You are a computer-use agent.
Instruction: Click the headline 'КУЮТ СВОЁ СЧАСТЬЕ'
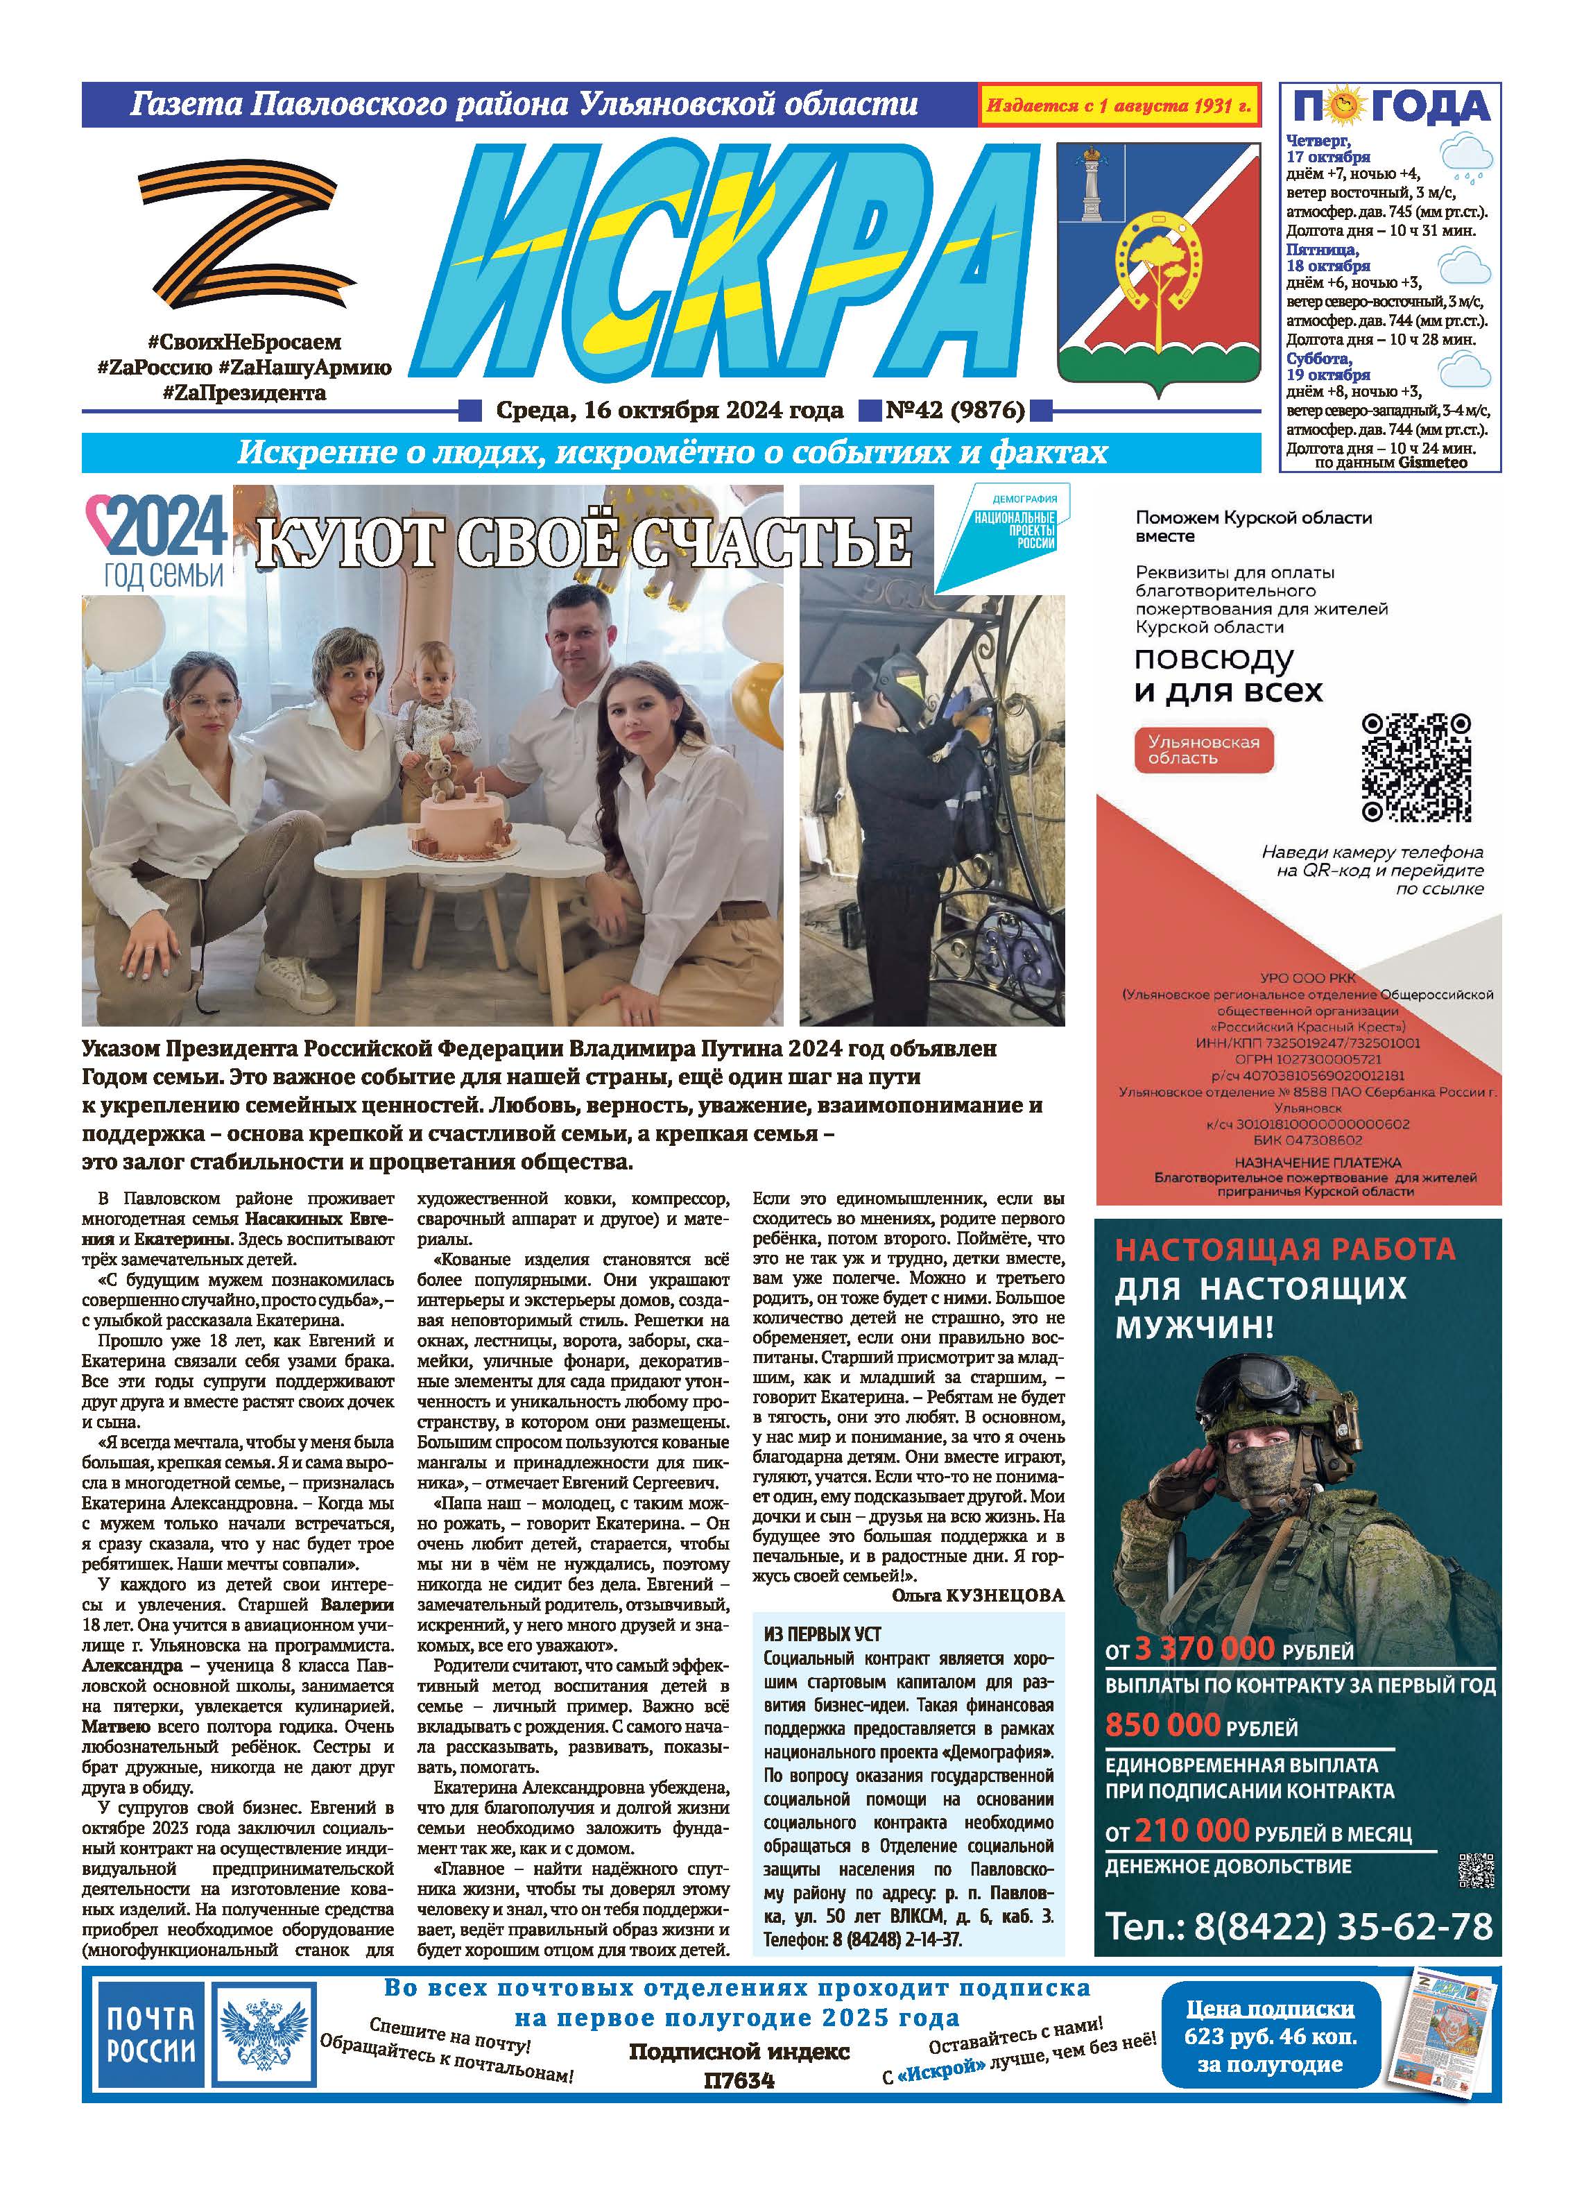tap(583, 542)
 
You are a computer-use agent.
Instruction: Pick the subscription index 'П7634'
tap(739, 2080)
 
